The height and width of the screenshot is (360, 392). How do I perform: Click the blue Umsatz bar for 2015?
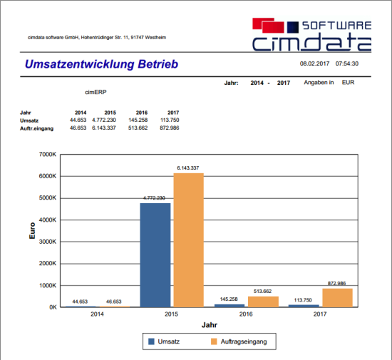[x=155, y=255]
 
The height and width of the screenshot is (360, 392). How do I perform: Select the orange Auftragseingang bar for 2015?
[x=188, y=240]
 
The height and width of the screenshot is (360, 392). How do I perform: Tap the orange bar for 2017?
[x=338, y=298]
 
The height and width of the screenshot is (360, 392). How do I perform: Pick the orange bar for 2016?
[x=263, y=302]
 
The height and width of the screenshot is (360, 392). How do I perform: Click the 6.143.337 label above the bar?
[x=188, y=168]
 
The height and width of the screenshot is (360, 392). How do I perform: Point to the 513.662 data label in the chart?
[x=262, y=292]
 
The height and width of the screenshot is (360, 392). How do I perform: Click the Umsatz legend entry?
[x=164, y=341]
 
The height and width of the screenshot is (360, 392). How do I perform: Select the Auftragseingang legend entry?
[x=239, y=341]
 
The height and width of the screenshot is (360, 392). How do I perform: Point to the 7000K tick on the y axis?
[x=48, y=154]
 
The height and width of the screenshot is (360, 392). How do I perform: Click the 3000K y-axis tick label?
[x=48, y=242]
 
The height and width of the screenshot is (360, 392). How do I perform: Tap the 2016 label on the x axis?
[x=246, y=314]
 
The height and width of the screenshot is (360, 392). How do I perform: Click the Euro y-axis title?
[x=32, y=230]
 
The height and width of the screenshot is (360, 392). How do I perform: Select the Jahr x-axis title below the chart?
[x=210, y=325]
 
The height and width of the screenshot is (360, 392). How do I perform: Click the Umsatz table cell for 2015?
[x=104, y=120]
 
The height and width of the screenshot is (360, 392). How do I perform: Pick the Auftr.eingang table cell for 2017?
[x=170, y=128]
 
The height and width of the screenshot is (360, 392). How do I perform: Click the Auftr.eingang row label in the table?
[x=37, y=128]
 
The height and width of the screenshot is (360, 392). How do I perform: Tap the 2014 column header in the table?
[x=81, y=113]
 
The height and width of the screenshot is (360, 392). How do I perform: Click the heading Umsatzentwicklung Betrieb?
[x=101, y=64]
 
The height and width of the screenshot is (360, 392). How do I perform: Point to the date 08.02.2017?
[x=314, y=63]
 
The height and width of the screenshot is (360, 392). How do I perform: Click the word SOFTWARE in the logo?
[x=336, y=26]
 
